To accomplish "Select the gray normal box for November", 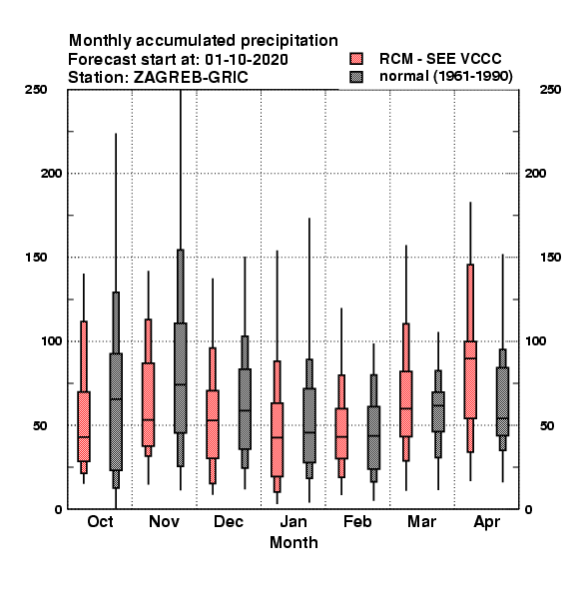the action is pos(181,377).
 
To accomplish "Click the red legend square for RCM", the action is pos(356,59).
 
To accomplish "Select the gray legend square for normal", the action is pos(356,77).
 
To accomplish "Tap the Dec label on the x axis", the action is pos(229,521).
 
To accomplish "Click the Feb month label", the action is pos(357,521).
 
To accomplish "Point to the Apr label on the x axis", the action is pos(486,522).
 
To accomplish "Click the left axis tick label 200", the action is pos(51,174).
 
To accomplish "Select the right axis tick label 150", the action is pos(550,258).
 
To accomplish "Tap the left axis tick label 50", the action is pos(40,425).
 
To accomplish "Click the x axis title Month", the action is pos(293,542).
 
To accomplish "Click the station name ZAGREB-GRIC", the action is pos(191,78).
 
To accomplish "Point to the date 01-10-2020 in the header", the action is pos(247,60).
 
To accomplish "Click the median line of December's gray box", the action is pos(245,410).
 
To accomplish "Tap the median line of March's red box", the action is pos(406,408).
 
